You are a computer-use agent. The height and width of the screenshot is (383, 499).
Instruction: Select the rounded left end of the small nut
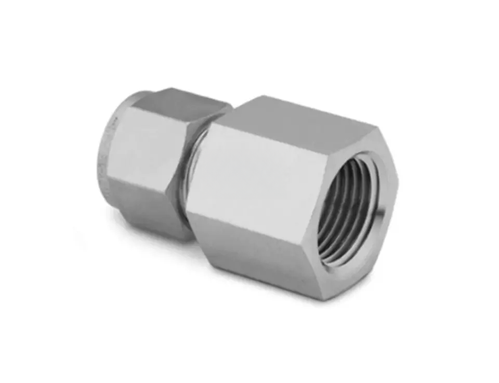tap(107, 156)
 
